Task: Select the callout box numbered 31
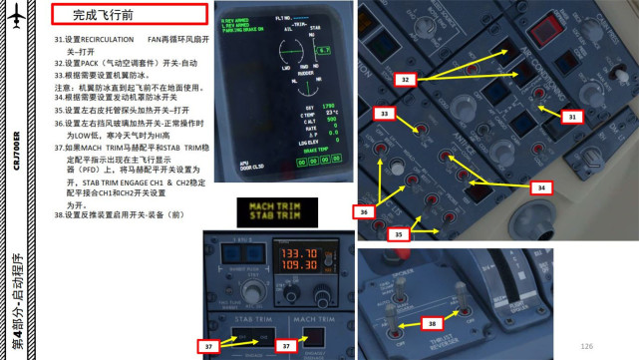(x=570, y=117)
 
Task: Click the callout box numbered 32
(x=405, y=78)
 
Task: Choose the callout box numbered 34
(x=538, y=186)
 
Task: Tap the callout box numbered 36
(x=365, y=211)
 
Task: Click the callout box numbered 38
(x=433, y=324)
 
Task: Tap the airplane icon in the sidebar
(x=15, y=25)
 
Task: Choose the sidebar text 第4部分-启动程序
(x=15, y=298)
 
